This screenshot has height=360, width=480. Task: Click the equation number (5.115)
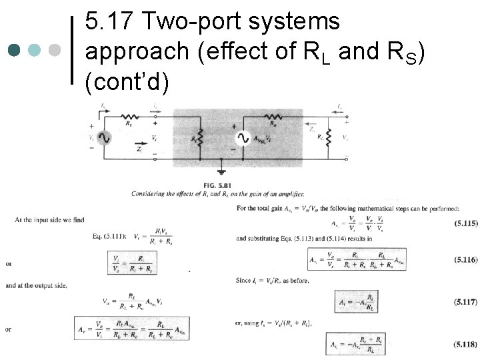point(465,223)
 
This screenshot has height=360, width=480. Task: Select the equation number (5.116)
point(465,259)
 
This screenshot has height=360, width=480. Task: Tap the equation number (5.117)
point(465,302)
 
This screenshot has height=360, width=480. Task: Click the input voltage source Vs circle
point(104,137)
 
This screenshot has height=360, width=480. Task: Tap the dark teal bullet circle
point(15,50)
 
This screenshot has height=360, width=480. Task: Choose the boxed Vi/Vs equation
point(130,265)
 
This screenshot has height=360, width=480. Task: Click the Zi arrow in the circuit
point(142,143)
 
